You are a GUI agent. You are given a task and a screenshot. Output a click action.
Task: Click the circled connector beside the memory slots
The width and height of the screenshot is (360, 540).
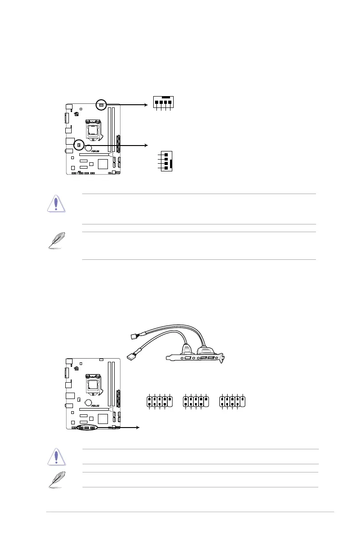point(102,105)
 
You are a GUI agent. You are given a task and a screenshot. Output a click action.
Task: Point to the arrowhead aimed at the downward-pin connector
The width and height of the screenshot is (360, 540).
point(146,105)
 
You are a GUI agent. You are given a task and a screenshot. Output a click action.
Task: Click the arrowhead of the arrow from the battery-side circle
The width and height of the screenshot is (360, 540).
point(146,146)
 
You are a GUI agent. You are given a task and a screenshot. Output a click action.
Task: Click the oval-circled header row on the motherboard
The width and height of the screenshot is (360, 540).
point(86,428)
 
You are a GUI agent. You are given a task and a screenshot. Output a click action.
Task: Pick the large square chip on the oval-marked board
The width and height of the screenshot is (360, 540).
point(103,417)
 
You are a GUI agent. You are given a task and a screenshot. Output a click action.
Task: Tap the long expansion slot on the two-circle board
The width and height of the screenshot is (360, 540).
point(93,154)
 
